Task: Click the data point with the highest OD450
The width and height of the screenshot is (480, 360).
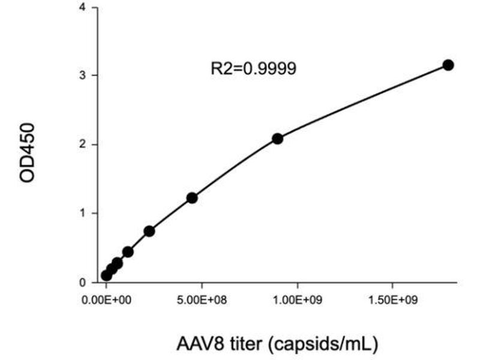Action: (x=448, y=65)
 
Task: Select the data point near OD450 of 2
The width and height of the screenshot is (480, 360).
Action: (x=277, y=139)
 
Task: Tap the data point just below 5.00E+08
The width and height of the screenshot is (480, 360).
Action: (x=192, y=197)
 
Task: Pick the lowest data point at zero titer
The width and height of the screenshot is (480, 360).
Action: (x=106, y=275)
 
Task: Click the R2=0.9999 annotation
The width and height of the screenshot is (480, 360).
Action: (x=253, y=68)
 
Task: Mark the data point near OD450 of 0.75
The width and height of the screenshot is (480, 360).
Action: (x=149, y=231)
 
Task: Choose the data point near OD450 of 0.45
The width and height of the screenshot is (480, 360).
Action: (x=128, y=251)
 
